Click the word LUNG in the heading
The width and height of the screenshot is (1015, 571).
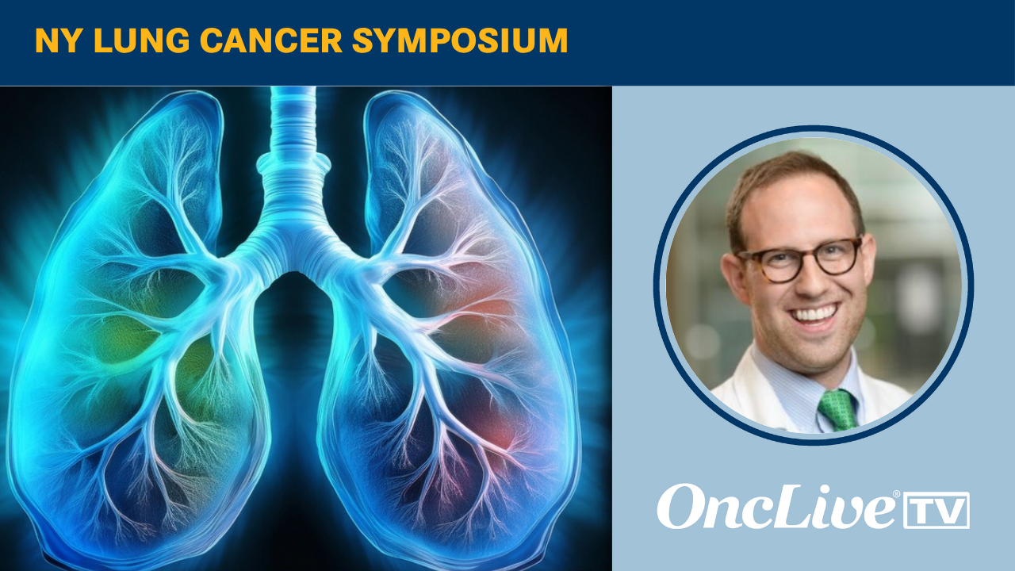[141, 40]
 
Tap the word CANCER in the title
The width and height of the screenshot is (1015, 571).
[271, 40]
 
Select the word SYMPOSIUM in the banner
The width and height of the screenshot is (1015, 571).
[460, 40]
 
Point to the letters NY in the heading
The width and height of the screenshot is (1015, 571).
[59, 40]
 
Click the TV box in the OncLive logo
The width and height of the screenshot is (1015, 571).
[936, 510]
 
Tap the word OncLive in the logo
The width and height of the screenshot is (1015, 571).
[778, 507]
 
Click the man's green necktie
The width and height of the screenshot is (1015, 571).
[838, 410]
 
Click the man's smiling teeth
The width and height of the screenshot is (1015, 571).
[814, 313]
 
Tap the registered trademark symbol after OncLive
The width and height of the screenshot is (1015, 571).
[896, 494]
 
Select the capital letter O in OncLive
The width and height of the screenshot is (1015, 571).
[681, 507]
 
